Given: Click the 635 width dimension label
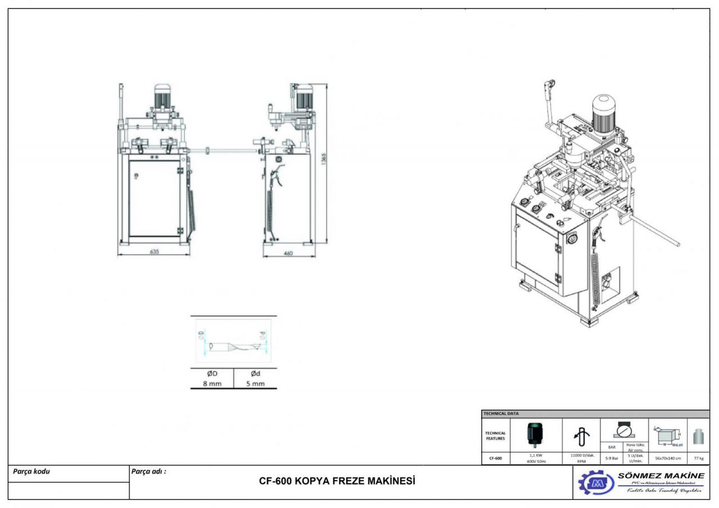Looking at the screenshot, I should [x=154, y=252].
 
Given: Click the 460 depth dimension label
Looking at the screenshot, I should [x=288, y=253].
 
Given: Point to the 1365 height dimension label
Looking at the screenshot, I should [x=324, y=161].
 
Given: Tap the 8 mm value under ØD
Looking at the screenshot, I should [x=212, y=384].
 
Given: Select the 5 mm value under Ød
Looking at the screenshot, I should [x=255, y=384].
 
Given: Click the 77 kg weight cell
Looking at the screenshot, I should [x=698, y=458].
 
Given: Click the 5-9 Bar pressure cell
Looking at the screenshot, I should [x=609, y=458].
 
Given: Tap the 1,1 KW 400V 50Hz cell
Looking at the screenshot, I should [x=536, y=458].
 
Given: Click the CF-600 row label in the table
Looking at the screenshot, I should [x=495, y=458].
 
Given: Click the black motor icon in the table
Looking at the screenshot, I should [x=535, y=434].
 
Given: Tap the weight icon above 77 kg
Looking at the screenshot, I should [x=698, y=436].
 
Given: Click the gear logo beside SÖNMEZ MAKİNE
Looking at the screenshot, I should [x=596, y=483].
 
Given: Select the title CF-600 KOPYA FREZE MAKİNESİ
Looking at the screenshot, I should [x=337, y=482].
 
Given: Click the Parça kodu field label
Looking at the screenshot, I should [x=31, y=471].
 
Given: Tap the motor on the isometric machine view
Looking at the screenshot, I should [x=603, y=114].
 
